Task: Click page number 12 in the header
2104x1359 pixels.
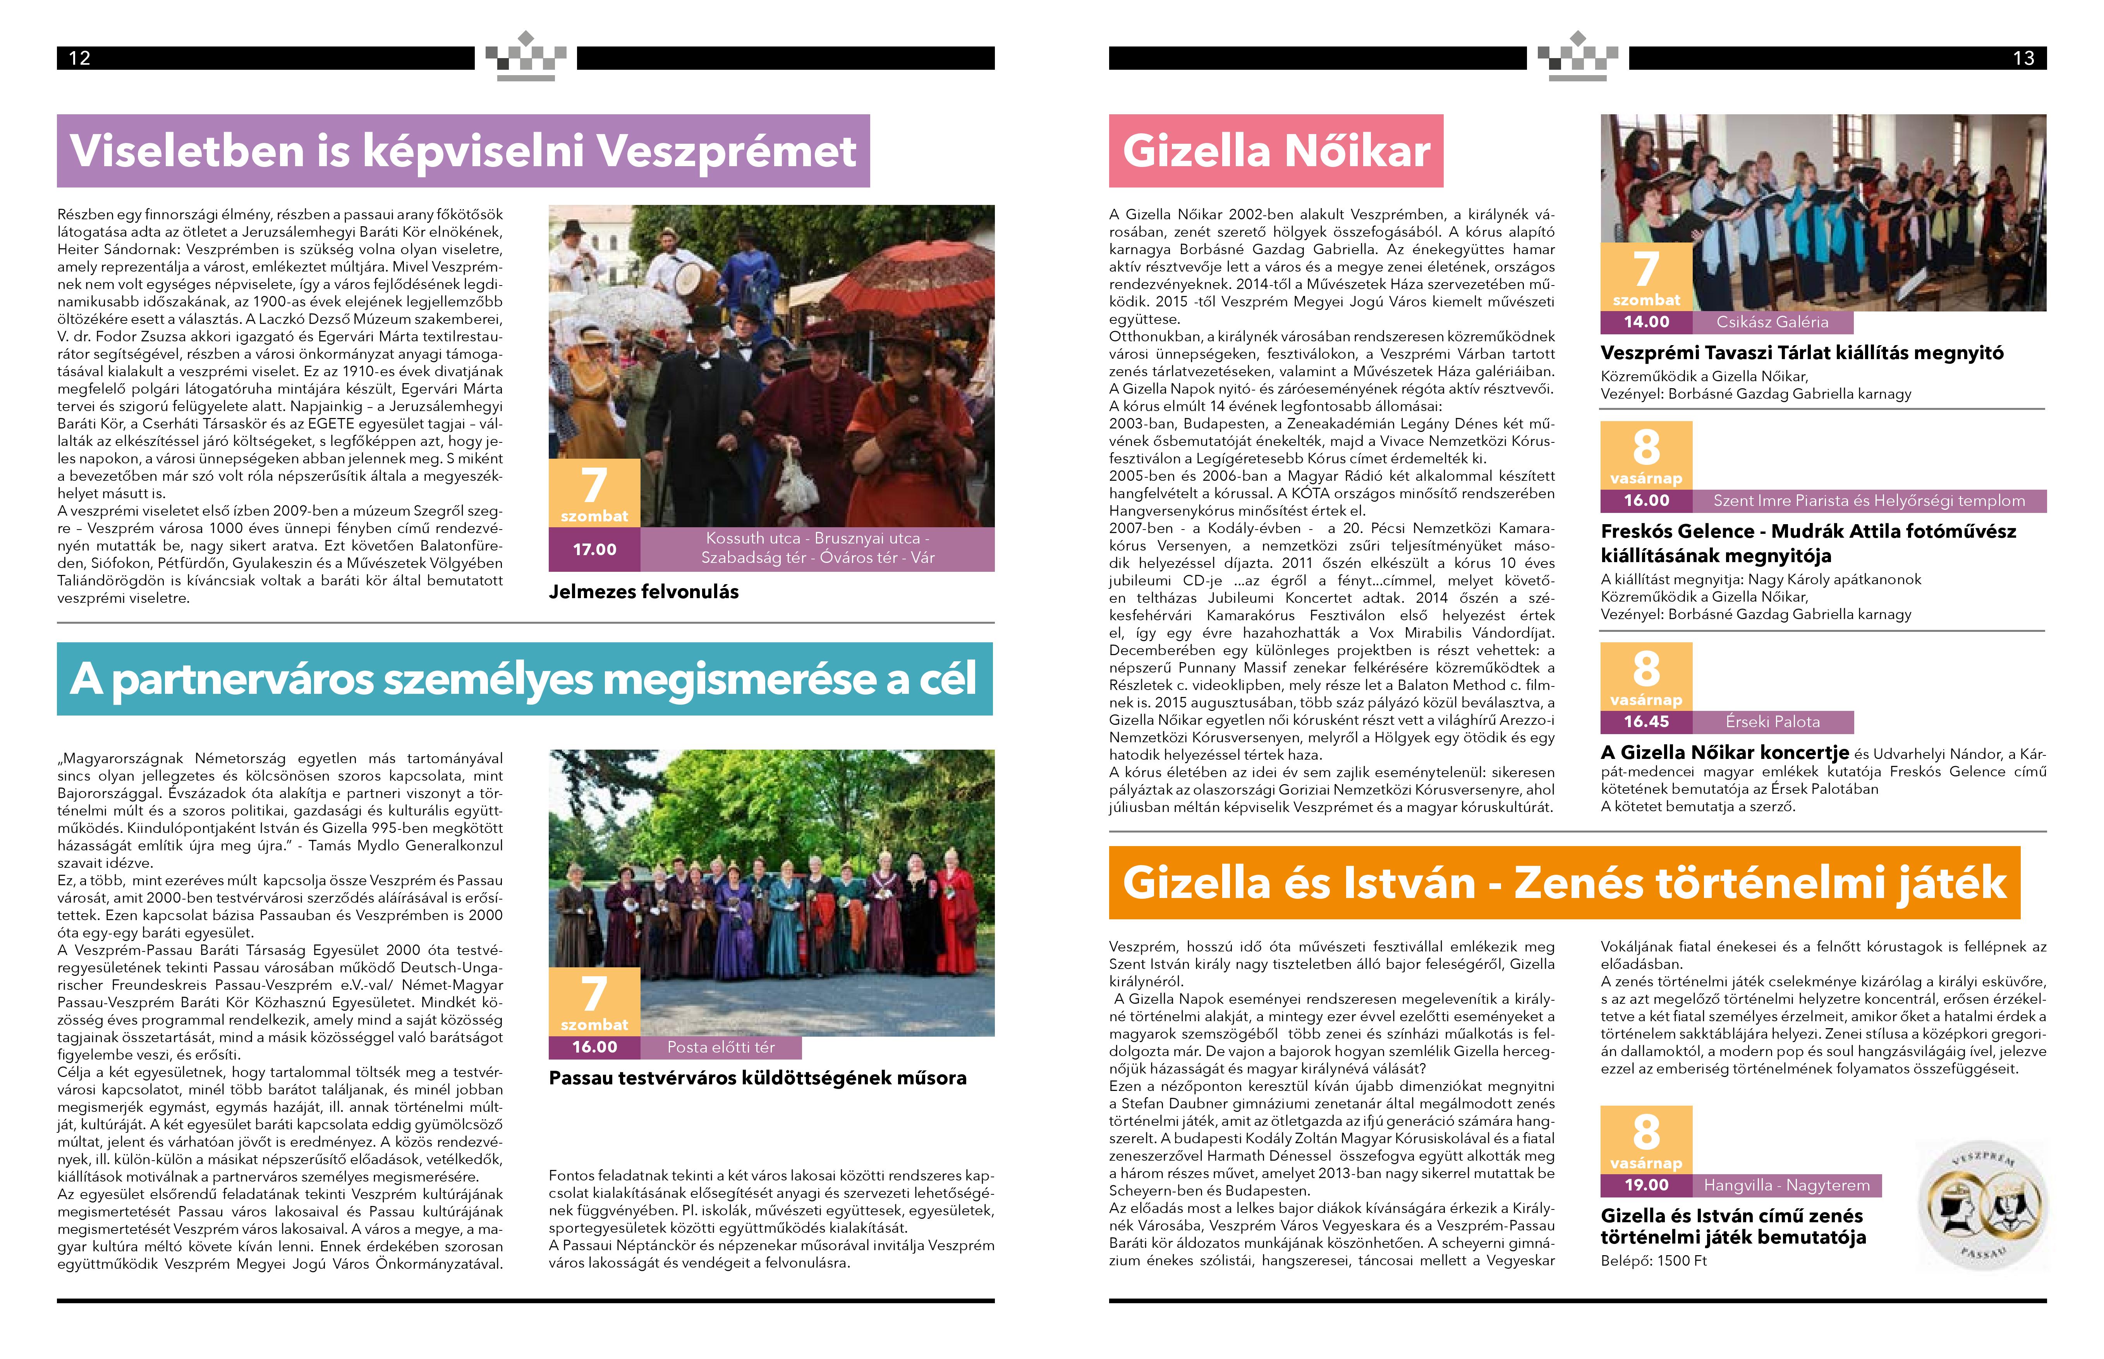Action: pos(79,58)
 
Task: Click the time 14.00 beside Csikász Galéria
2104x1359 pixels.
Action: pos(1646,322)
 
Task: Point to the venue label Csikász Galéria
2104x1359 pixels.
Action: pos(1772,322)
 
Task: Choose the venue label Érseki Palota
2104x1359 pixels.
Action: pos(1772,722)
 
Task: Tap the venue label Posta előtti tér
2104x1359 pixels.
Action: pos(721,1048)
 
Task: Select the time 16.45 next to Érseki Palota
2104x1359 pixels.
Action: pos(1646,722)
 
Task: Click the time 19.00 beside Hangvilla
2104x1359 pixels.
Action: pos(1646,1185)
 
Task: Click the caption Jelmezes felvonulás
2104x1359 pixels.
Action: pos(643,592)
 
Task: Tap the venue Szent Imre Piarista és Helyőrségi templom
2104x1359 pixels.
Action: pos(1869,501)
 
